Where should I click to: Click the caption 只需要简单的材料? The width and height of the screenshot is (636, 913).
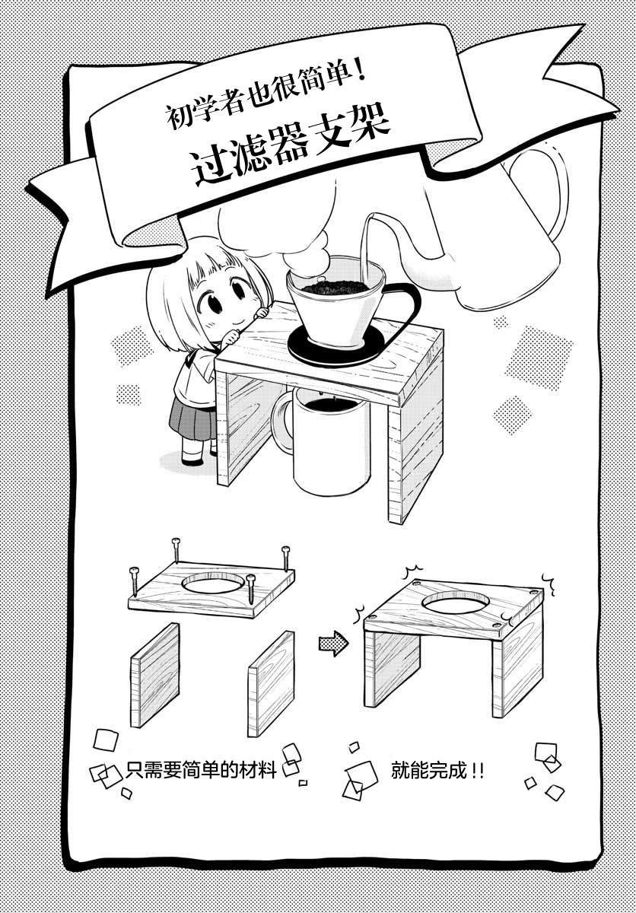[201, 769]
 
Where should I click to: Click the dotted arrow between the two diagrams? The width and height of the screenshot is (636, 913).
[333, 643]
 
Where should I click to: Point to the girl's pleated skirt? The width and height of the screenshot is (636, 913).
[192, 418]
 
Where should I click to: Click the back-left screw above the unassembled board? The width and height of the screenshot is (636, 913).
[176, 550]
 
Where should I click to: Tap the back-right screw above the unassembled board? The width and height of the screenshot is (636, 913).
[286, 558]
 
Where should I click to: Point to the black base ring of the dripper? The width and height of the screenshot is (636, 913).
[335, 345]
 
